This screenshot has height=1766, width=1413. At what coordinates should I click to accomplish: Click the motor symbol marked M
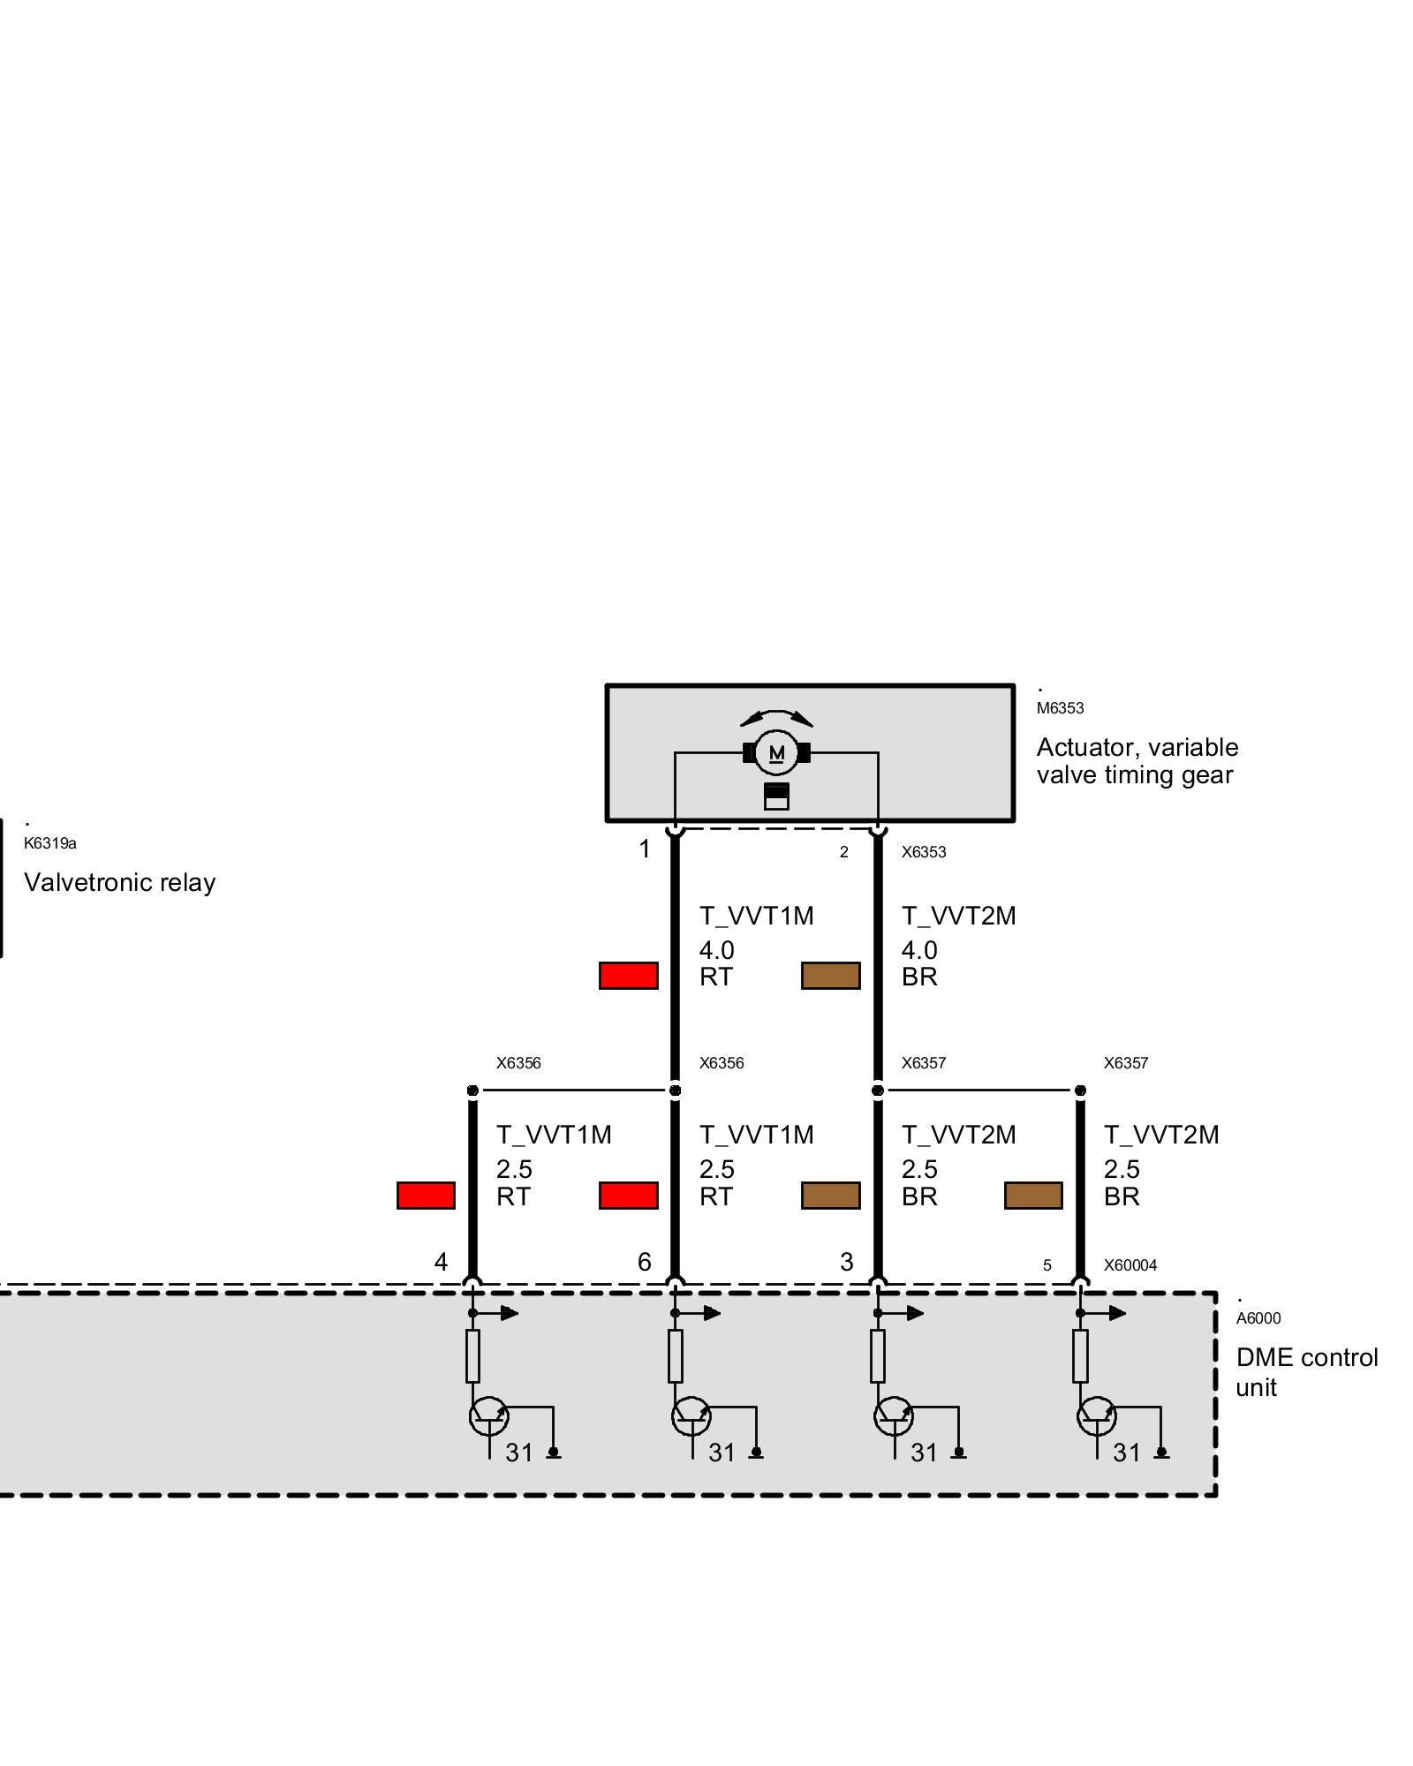(x=776, y=752)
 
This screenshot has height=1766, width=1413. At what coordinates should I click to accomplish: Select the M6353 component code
(x=1060, y=708)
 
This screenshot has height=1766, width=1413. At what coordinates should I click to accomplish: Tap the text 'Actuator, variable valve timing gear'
(x=1137, y=761)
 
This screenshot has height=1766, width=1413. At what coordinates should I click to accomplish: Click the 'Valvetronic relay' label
(x=120, y=882)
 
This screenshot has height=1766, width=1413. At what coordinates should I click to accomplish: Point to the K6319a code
(x=50, y=843)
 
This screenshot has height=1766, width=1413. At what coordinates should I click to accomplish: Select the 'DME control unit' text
(x=1306, y=1371)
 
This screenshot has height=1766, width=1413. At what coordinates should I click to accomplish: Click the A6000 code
(x=1258, y=1318)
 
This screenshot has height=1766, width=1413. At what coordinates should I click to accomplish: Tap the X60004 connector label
(x=1130, y=1265)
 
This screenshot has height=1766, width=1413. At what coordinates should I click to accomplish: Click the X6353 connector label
(x=923, y=852)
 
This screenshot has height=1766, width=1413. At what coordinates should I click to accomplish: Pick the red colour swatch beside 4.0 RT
(x=628, y=976)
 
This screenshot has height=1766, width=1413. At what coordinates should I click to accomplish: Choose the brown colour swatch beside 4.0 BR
(x=830, y=976)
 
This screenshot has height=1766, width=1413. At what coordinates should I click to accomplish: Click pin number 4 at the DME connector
(x=441, y=1263)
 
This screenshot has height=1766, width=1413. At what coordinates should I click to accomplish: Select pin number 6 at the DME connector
(x=644, y=1263)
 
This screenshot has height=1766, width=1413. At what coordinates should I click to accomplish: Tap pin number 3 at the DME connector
(x=846, y=1263)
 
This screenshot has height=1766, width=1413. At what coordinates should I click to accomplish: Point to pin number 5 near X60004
(x=1047, y=1266)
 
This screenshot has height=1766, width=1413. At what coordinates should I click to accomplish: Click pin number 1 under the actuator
(x=645, y=849)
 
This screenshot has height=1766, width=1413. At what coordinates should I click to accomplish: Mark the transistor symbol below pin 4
(x=488, y=1416)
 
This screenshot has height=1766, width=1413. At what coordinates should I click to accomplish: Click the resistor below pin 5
(x=1080, y=1356)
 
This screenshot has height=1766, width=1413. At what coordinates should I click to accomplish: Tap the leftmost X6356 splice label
(x=518, y=1063)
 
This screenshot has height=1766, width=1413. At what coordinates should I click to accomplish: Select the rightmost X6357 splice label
(x=1125, y=1063)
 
